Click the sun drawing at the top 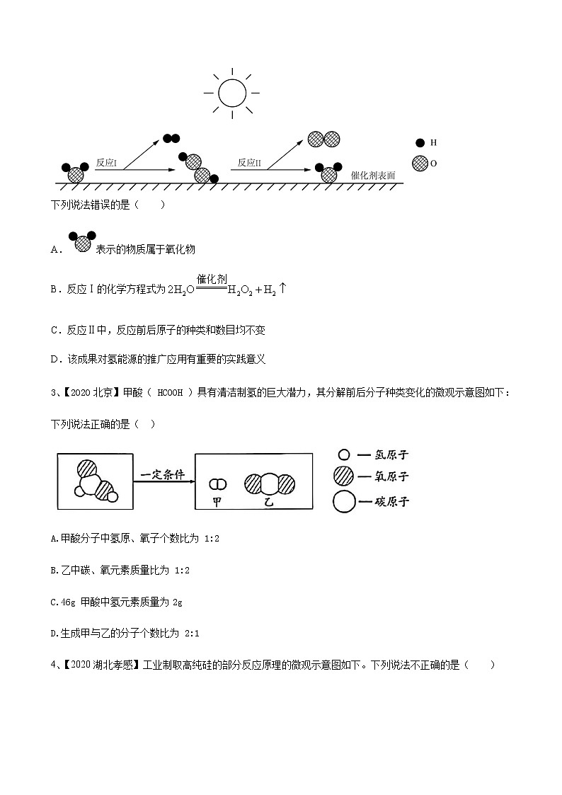[231, 93]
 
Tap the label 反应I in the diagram [106, 163]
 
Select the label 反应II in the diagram [250, 163]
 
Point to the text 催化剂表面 [373, 175]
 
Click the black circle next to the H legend [420, 142]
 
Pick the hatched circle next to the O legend [420, 163]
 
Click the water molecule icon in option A [81, 243]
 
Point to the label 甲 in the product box [217, 501]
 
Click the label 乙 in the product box [268, 501]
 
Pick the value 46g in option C [67, 602]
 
